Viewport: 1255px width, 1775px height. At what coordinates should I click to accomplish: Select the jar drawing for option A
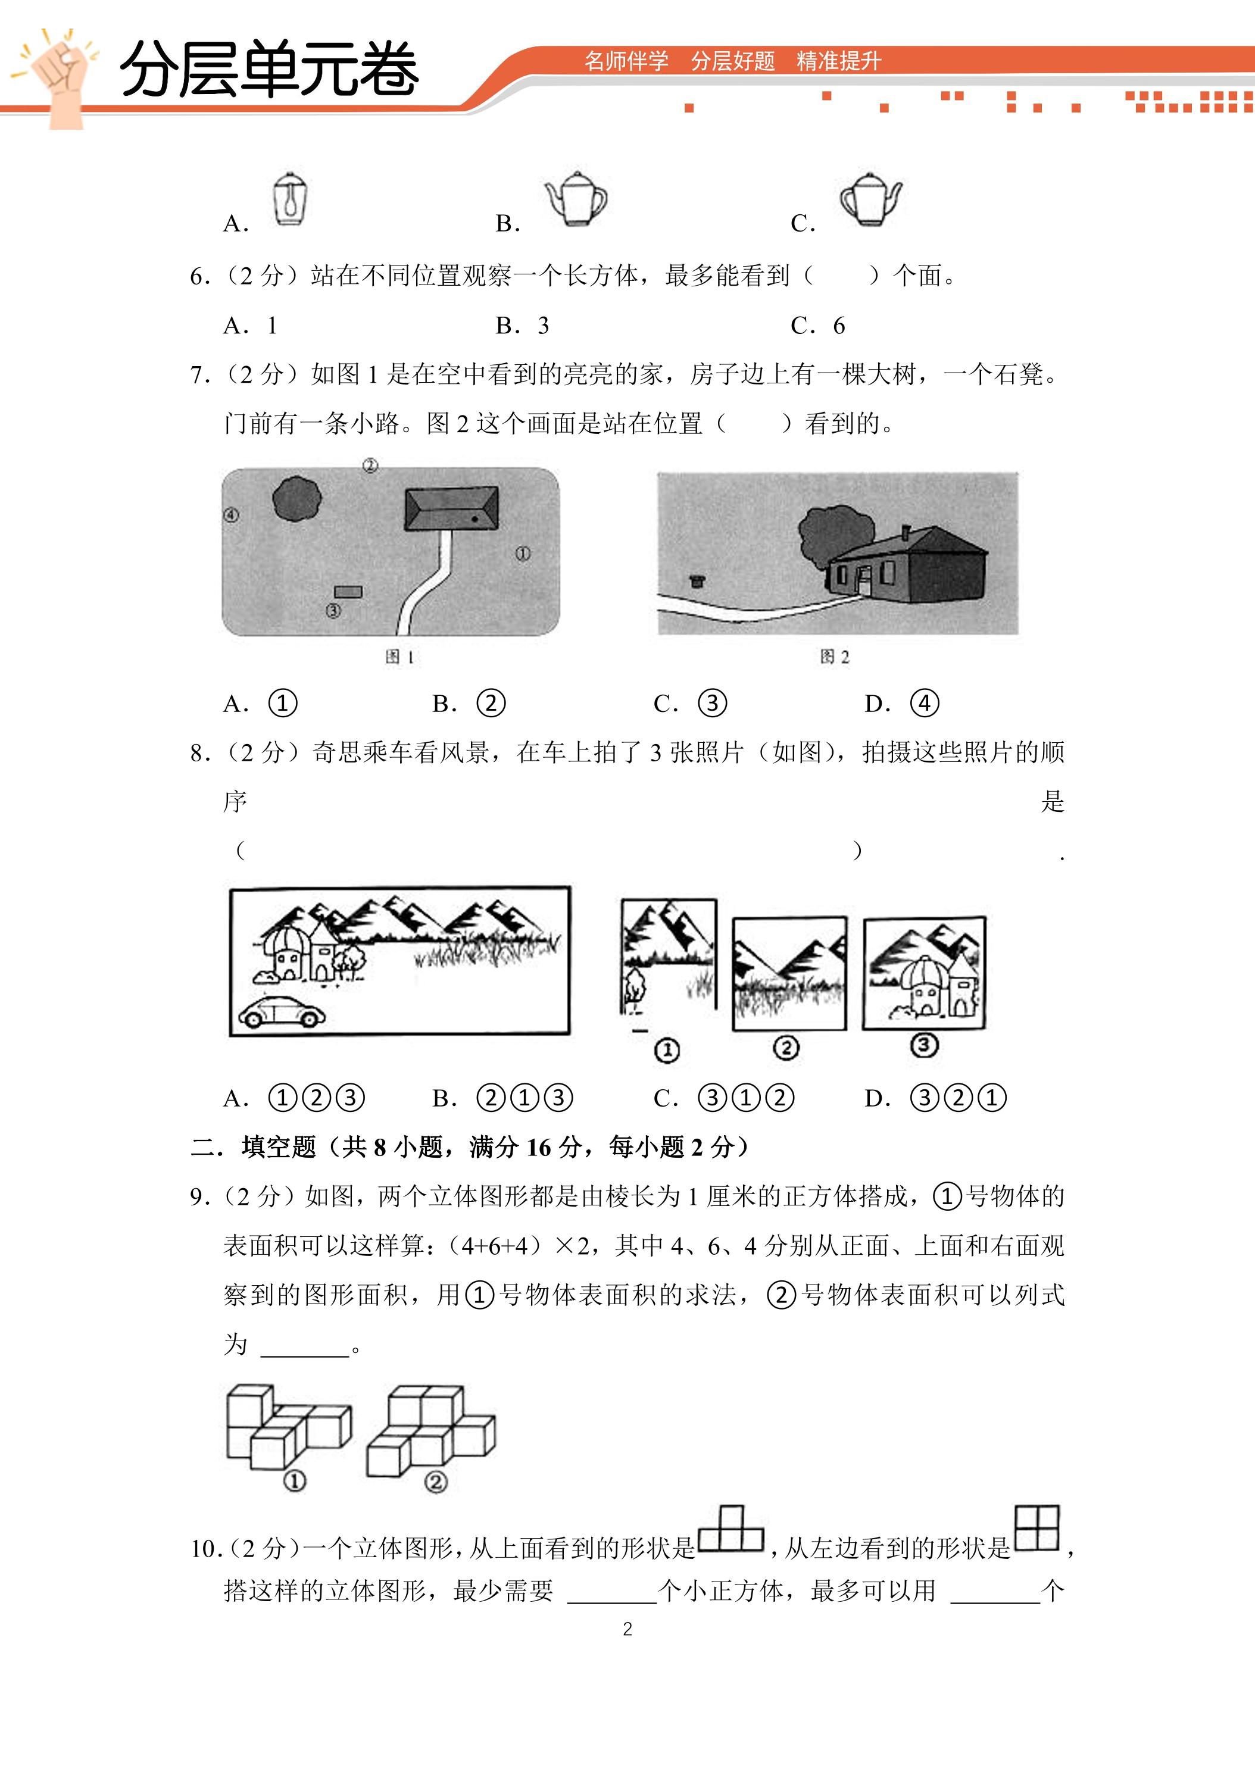tap(290, 199)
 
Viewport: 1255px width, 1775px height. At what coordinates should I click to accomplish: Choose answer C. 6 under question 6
tap(817, 326)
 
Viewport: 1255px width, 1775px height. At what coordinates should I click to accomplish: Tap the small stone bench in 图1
tap(348, 592)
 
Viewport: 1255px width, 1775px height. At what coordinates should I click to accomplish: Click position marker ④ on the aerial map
tap(230, 515)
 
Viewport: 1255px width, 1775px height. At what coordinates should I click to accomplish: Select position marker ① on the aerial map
tap(523, 554)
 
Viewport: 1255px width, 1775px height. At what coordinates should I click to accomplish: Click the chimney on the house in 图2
tap(906, 533)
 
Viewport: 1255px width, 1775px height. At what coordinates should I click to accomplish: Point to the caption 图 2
tap(834, 657)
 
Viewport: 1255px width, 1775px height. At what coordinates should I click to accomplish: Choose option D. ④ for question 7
tap(901, 704)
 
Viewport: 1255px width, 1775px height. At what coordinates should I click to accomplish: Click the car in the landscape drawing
tap(282, 1011)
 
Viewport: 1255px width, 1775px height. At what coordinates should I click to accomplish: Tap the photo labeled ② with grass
tap(789, 973)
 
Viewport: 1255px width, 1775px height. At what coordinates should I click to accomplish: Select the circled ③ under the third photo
tap(924, 1045)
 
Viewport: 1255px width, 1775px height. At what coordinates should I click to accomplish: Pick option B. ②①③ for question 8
tap(502, 1098)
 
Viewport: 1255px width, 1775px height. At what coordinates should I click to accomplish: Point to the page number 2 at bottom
tap(627, 1629)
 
